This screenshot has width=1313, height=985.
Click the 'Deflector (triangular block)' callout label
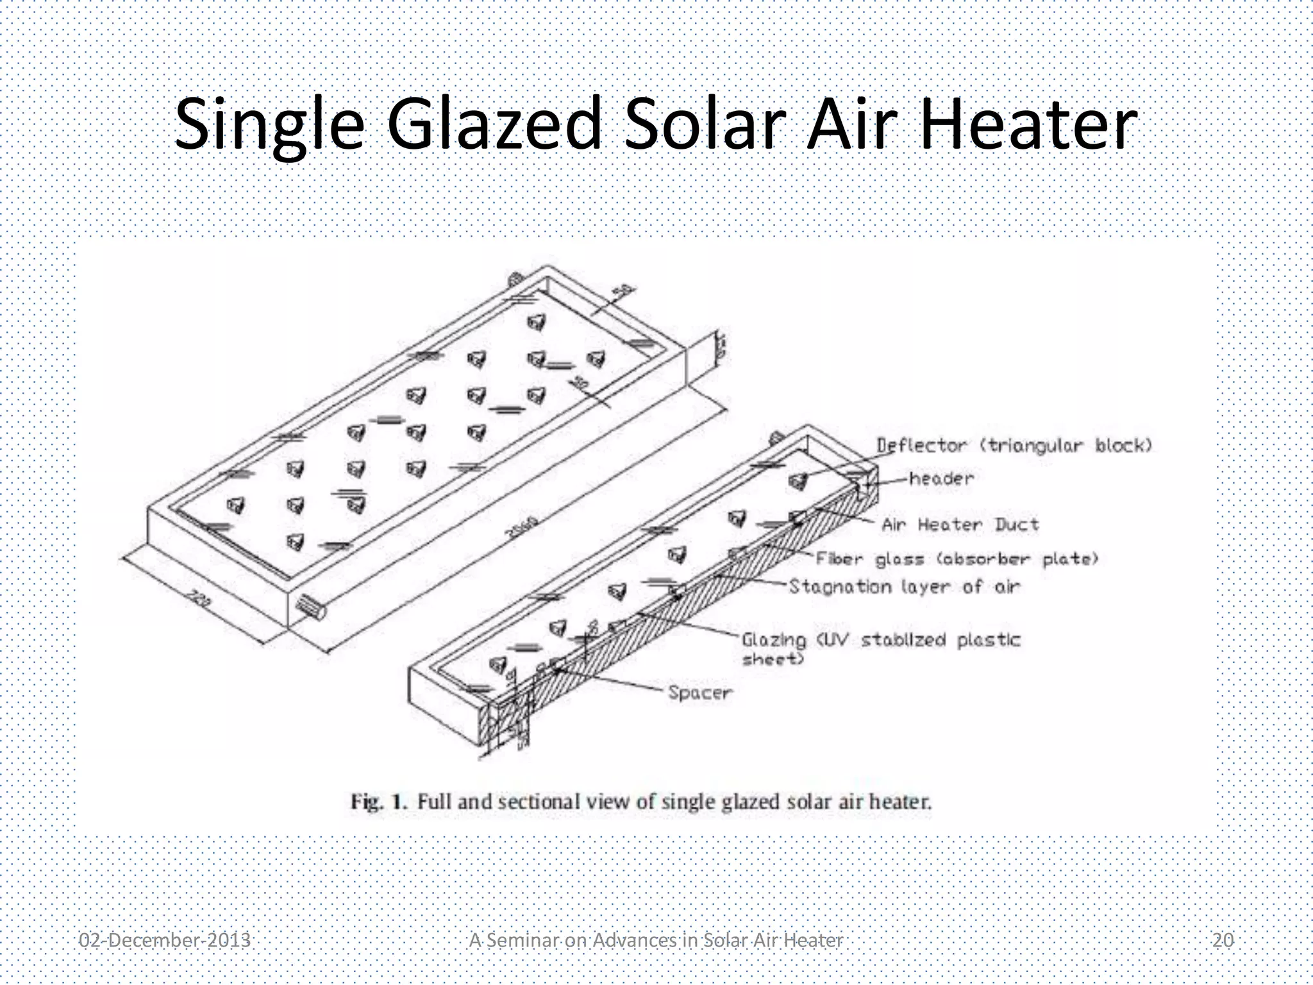(1014, 445)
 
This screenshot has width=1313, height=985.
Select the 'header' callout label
(941, 478)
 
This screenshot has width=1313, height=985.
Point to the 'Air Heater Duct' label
(960, 525)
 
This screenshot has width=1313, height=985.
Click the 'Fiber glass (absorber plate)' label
(957, 559)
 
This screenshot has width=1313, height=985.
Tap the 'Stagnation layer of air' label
(904, 587)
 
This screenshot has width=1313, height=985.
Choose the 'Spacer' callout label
(699, 693)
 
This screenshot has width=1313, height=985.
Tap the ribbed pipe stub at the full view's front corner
(311, 607)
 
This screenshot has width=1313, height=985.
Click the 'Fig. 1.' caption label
(379, 802)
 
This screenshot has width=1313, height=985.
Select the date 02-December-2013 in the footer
(164, 940)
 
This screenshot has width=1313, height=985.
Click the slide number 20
(1222, 940)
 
